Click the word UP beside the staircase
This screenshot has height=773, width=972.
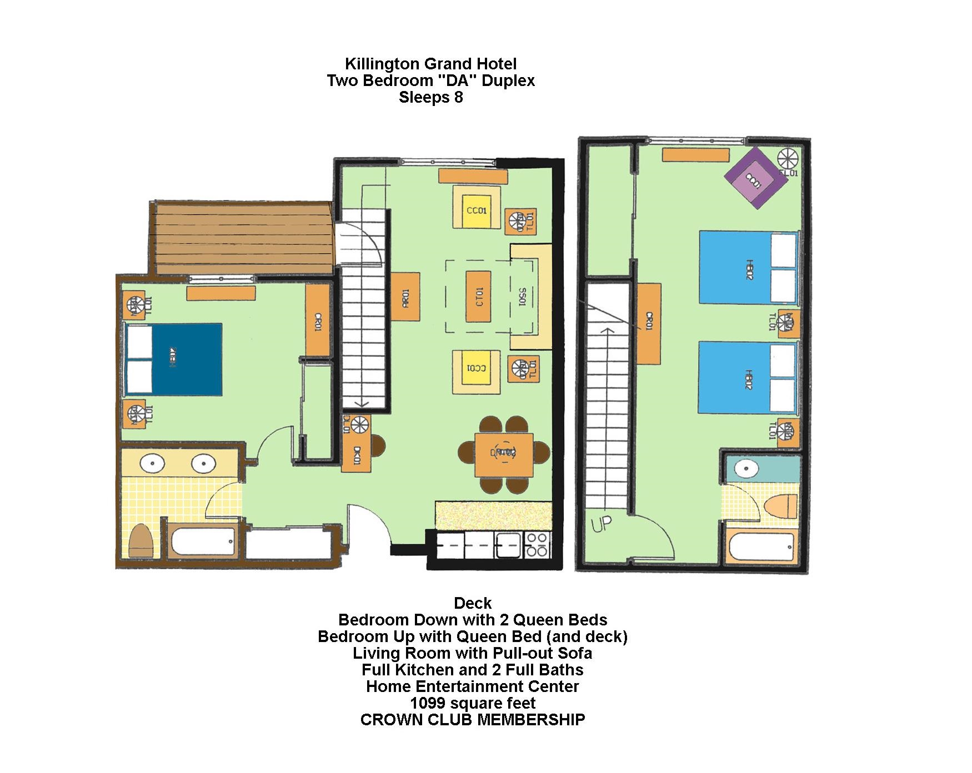[600, 524]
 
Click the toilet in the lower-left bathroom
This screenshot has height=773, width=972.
[141, 540]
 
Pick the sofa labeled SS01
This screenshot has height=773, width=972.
[531, 297]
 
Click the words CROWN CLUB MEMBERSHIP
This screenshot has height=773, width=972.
[472, 720]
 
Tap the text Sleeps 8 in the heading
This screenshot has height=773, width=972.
[430, 98]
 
